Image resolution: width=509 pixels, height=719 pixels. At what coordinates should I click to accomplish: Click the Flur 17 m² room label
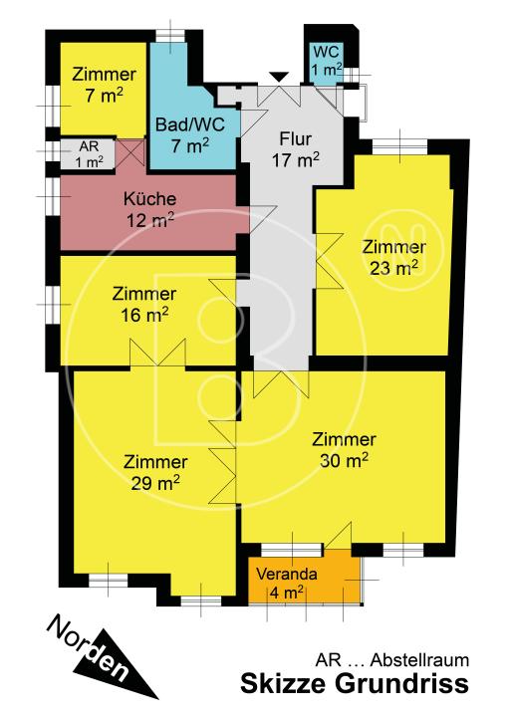[296, 149]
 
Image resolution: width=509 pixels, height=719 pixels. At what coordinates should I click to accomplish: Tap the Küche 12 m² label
[150, 209]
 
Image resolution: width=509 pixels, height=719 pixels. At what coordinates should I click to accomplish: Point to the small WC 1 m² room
[326, 62]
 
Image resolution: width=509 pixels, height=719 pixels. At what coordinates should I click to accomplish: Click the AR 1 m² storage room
[89, 154]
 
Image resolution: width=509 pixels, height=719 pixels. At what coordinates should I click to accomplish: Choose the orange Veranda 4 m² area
[304, 580]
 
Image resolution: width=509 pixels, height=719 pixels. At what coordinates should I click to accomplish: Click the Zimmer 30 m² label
[344, 450]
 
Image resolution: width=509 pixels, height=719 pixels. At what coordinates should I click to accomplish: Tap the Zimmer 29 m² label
[155, 472]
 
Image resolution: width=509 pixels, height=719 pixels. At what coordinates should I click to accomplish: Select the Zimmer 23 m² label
[393, 257]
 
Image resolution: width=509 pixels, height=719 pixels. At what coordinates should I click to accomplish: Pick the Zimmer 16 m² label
[144, 304]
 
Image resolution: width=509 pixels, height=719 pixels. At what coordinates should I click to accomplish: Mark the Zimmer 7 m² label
[105, 85]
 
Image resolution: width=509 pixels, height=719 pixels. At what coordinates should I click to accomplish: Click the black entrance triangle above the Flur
[279, 77]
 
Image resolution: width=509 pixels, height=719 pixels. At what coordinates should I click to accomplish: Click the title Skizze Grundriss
[355, 683]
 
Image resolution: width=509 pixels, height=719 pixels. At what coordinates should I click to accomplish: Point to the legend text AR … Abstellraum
[392, 660]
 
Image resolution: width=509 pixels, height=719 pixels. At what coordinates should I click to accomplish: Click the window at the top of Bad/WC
[169, 36]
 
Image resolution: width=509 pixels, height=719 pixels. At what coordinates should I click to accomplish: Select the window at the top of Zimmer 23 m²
[399, 147]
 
